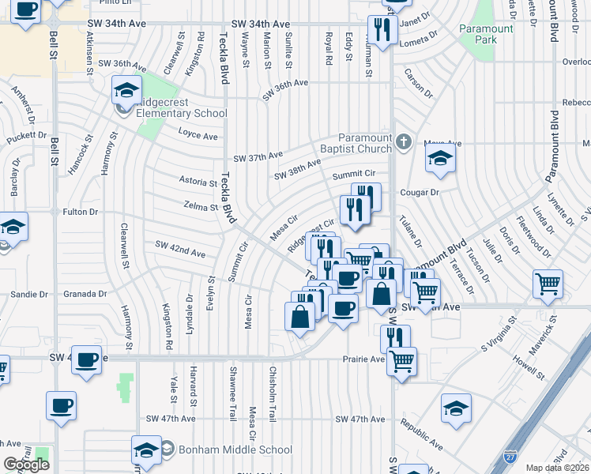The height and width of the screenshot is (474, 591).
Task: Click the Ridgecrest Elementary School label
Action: pos(181,107)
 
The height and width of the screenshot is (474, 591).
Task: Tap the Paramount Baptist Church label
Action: pos(365,143)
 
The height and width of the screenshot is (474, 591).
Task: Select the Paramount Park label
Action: pos(486,35)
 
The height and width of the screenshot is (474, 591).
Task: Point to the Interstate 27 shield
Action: pos(511,457)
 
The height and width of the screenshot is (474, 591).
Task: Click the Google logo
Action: pos(26,465)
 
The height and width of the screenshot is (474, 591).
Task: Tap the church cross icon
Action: pos(404,142)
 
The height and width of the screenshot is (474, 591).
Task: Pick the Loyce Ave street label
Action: pos(198,135)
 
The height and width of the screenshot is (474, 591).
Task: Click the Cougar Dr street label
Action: pos(419,192)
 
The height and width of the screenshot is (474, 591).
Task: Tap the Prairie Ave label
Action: pos(363,359)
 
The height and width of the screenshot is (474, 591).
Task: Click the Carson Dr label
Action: pos(419,88)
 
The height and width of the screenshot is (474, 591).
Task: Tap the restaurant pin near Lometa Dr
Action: pos(382,30)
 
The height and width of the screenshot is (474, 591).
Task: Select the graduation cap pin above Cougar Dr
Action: pos(440,159)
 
